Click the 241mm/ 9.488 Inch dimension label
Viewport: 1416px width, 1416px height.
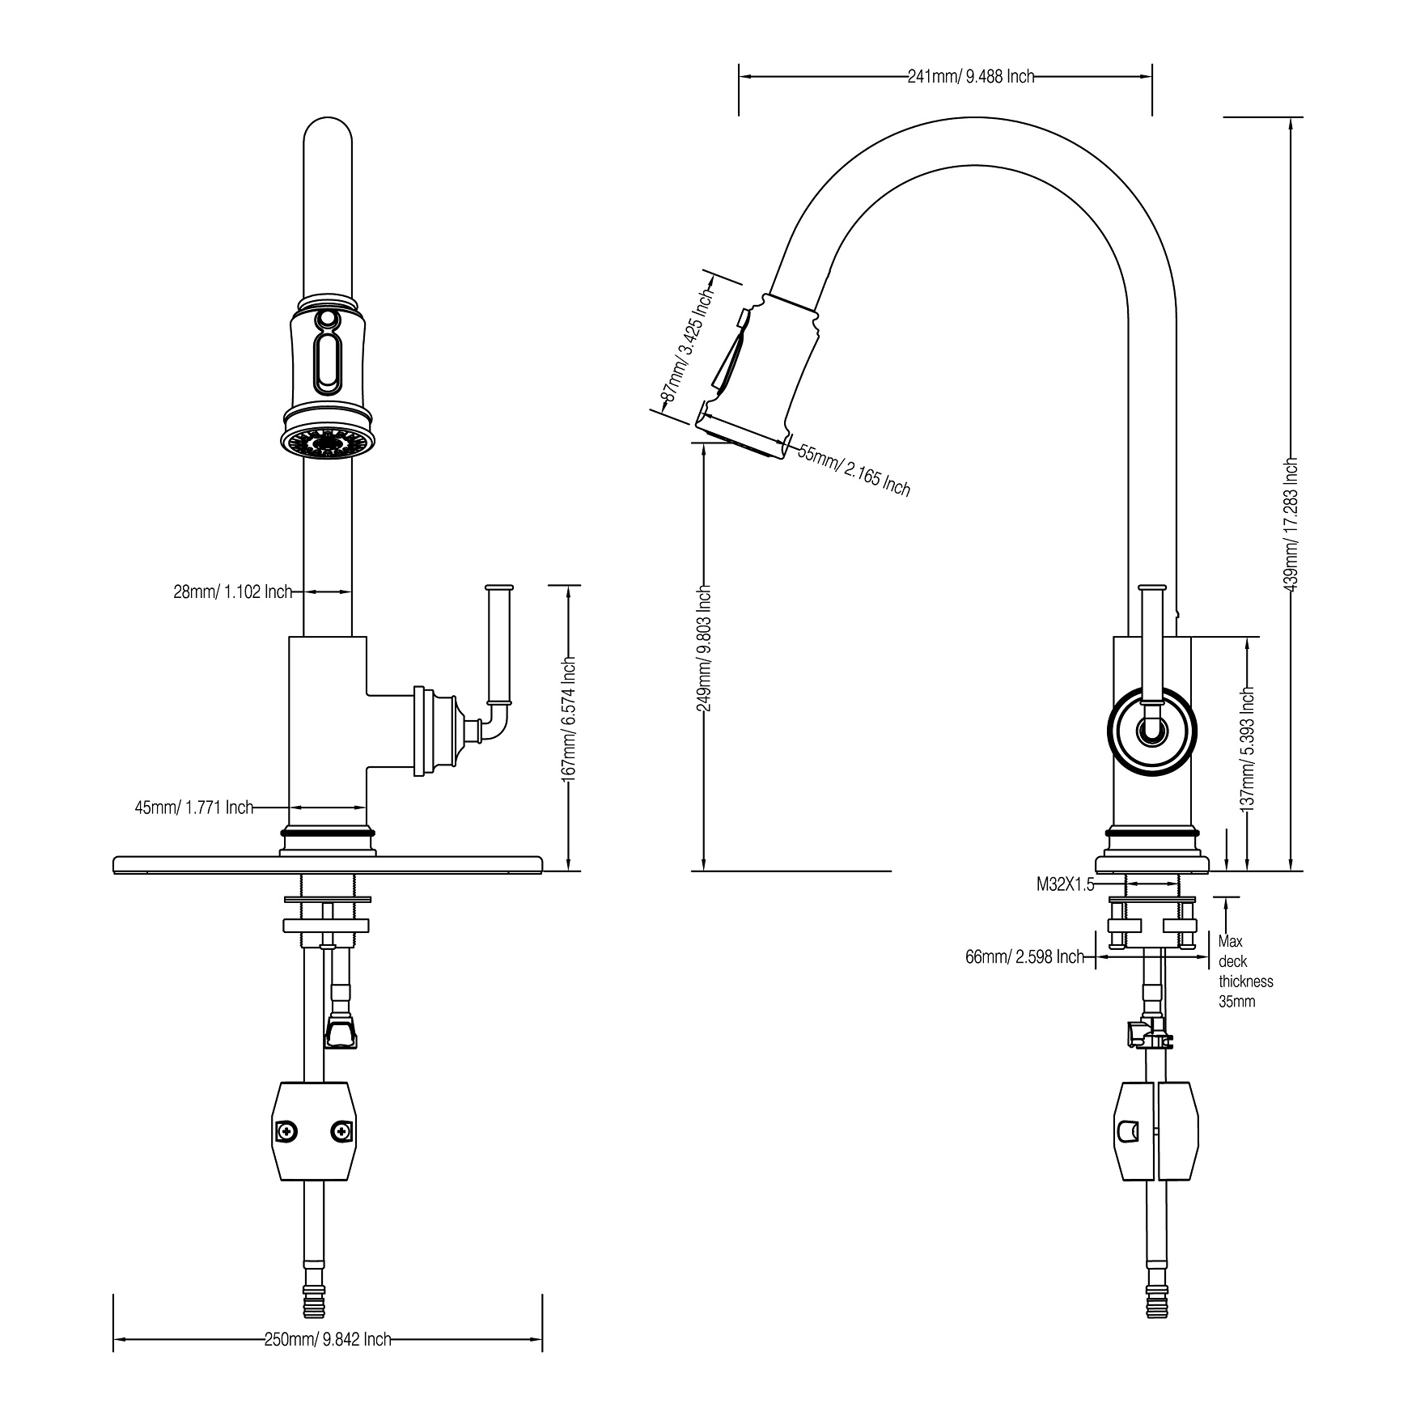coord(970,77)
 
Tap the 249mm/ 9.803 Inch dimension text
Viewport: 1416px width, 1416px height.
coord(705,647)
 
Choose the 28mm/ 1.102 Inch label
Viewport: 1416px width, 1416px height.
coord(232,591)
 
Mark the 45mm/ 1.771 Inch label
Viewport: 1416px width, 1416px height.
coord(194,808)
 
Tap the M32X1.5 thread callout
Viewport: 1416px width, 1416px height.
coord(1065,885)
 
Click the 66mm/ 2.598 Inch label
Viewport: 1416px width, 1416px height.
coord(1024,957)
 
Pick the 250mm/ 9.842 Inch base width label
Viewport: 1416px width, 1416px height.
coord(328,1339)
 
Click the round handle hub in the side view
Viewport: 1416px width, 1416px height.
coord(1151,731)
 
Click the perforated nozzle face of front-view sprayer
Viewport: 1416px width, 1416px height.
coord(328,443)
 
